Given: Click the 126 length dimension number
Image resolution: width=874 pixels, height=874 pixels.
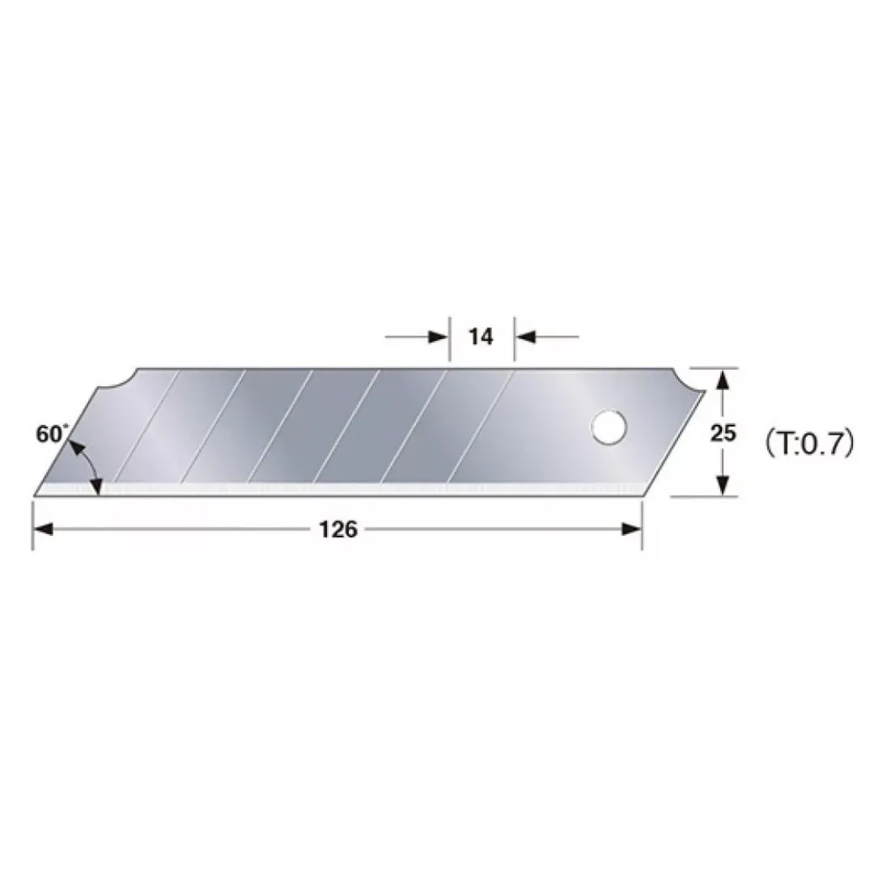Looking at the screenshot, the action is pos(337,529).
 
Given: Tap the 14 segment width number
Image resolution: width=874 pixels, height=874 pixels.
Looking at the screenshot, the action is pos(481,337).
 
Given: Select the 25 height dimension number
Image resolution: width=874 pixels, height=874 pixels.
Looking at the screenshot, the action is pos(723,432).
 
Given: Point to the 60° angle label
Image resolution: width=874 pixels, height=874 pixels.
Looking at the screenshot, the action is pos(52,434).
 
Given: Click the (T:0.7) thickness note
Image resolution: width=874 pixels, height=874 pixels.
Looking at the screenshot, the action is pos(809,443).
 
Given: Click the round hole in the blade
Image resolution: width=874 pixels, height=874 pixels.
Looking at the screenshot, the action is pos(609,427).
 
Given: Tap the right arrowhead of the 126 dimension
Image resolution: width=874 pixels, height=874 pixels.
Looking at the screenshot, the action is pos(631,529).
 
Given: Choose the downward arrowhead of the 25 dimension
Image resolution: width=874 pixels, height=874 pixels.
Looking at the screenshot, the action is pos(723,485).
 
